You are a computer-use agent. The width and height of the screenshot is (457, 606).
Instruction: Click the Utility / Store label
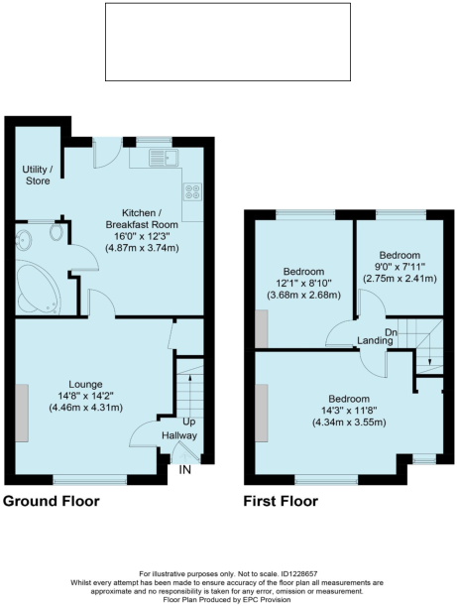(37, 175)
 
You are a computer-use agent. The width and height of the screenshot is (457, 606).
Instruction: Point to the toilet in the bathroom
(57, 234)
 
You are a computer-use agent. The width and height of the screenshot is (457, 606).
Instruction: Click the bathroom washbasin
(23, 237)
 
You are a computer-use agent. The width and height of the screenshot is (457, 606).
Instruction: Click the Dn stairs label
(392, 332)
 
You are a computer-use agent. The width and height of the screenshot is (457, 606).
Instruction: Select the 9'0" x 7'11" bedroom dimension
(395, 266)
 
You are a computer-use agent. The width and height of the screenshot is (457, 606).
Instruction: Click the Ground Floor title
(51, 501)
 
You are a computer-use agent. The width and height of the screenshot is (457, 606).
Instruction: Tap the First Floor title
(282, 501)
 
